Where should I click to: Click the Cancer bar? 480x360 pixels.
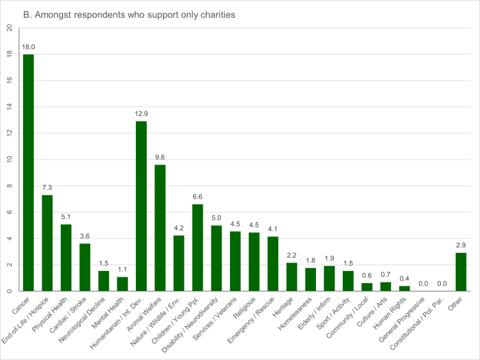pos(28,173)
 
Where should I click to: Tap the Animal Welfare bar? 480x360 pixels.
pos(160,228)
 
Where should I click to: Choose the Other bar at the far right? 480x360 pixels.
pos(461,272)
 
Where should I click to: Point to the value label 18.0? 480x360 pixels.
pos(28,47)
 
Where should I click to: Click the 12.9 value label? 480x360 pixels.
pos(142,114)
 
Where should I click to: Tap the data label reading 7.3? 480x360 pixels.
pos(47,188)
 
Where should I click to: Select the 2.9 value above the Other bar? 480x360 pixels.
pos(461,245)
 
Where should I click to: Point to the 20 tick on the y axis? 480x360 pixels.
pos(8,28)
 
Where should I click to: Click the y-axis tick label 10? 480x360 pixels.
pos(8,160)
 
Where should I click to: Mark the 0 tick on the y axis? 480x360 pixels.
pos(8,291)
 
